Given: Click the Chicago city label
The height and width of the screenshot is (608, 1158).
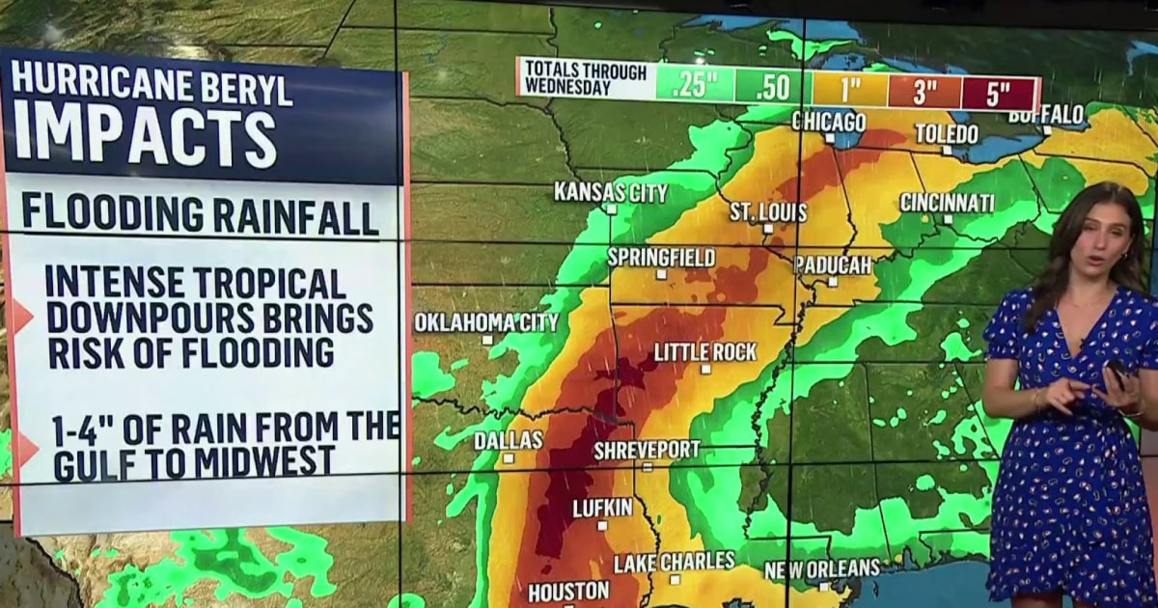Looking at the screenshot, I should (828, 122).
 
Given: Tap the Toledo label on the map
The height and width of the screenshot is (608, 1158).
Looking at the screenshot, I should (947, 133).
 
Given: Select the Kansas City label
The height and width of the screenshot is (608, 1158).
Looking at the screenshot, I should (611, 192).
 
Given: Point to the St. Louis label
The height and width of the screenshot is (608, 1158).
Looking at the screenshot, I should (768, 211).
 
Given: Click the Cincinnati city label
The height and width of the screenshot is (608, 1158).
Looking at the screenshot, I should (947, 203).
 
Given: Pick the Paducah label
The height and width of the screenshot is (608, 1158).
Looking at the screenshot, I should (833, 264).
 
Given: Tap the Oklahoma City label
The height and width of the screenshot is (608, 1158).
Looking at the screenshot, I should (486, 322).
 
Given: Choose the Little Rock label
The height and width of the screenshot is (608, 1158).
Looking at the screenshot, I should (705, 352).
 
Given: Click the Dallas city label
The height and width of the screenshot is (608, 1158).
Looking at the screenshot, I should (509, 440).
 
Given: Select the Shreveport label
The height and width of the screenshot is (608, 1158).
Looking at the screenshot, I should (647, 450).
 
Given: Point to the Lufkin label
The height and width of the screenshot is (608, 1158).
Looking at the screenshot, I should (602, 508).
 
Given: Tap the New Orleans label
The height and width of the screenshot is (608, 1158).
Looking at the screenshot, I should (822, 569).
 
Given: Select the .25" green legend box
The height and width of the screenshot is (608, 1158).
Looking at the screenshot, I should (695, 84).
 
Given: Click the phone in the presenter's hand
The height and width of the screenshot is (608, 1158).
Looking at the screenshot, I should (1117, 371).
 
